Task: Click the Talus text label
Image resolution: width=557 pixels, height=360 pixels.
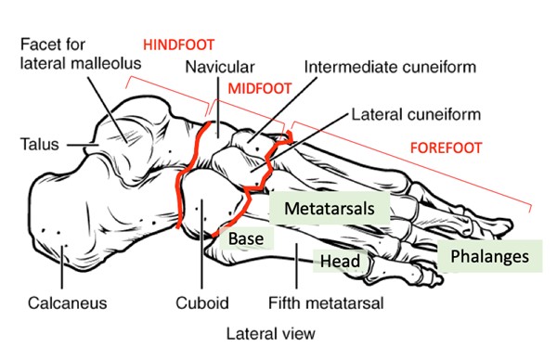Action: pos(40,145)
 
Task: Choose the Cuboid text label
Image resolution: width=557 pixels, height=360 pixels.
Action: pos(201,302)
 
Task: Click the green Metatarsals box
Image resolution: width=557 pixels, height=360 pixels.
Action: pos(330,208)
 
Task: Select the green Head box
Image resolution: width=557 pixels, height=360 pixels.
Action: pos(339,262)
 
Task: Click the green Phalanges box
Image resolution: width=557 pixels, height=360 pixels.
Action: pos(489,255)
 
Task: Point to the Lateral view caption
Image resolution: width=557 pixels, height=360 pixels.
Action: pos(270,331)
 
